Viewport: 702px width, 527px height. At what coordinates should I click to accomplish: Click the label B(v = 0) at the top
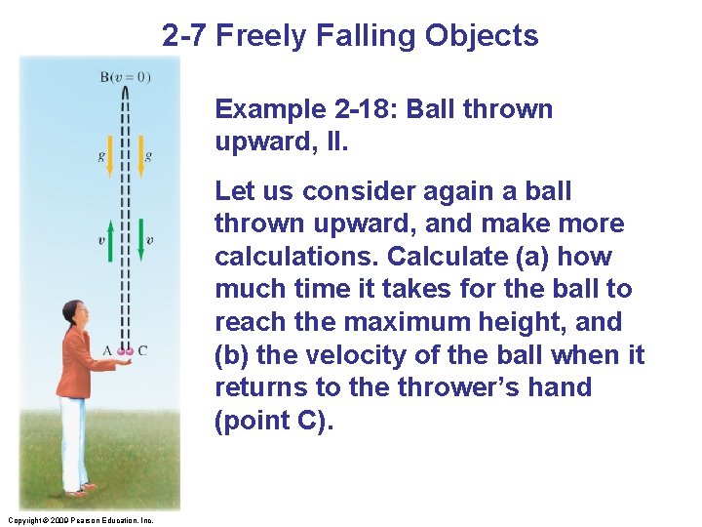[125, 77]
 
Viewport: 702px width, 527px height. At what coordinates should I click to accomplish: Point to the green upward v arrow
[109, 240]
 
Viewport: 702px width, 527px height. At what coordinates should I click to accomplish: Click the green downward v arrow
[140, 240]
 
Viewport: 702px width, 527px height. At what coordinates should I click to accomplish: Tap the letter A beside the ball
[106, 350]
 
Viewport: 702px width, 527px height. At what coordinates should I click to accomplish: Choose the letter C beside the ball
[142, 350]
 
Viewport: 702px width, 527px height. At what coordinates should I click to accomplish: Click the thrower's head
[74, 314]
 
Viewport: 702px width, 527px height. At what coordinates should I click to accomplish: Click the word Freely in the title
[256, 36]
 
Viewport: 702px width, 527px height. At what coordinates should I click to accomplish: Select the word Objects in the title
[482, 36]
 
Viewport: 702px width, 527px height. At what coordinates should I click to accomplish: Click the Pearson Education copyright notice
[77, 520]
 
